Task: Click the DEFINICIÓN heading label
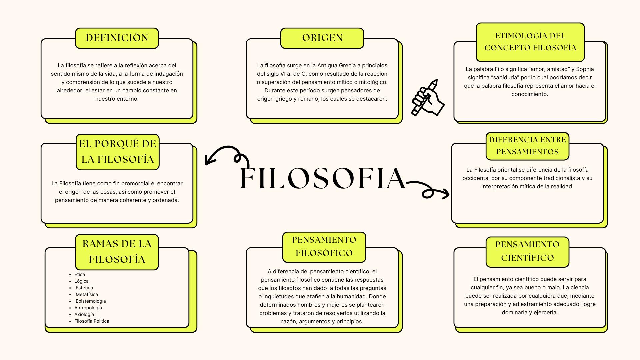click(x=117, y=38)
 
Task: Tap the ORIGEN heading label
click(x=322, y=38)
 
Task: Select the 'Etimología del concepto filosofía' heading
click(x=530, y=42)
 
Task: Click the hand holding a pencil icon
click(x=428, y=98)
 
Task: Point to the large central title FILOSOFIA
click(x=323, y=179)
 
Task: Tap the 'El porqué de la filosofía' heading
click(x=117, y=152)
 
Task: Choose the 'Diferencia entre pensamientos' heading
click(x=527, y=146)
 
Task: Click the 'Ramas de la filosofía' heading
click(x=117, y=252)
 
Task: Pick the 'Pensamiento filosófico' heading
click(x=324, y=247)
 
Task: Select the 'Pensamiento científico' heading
click(x=527, y=251)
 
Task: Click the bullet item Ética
click(x=80, y=274)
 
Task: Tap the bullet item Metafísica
click(x=87, y=294)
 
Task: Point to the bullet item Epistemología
click(x=91, y=301)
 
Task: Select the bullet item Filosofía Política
click(x=92, y=321)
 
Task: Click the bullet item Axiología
click(x=84, y=314)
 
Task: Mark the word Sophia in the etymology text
click(x=585, y=69)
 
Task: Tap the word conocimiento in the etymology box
click(x=530, y=94)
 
